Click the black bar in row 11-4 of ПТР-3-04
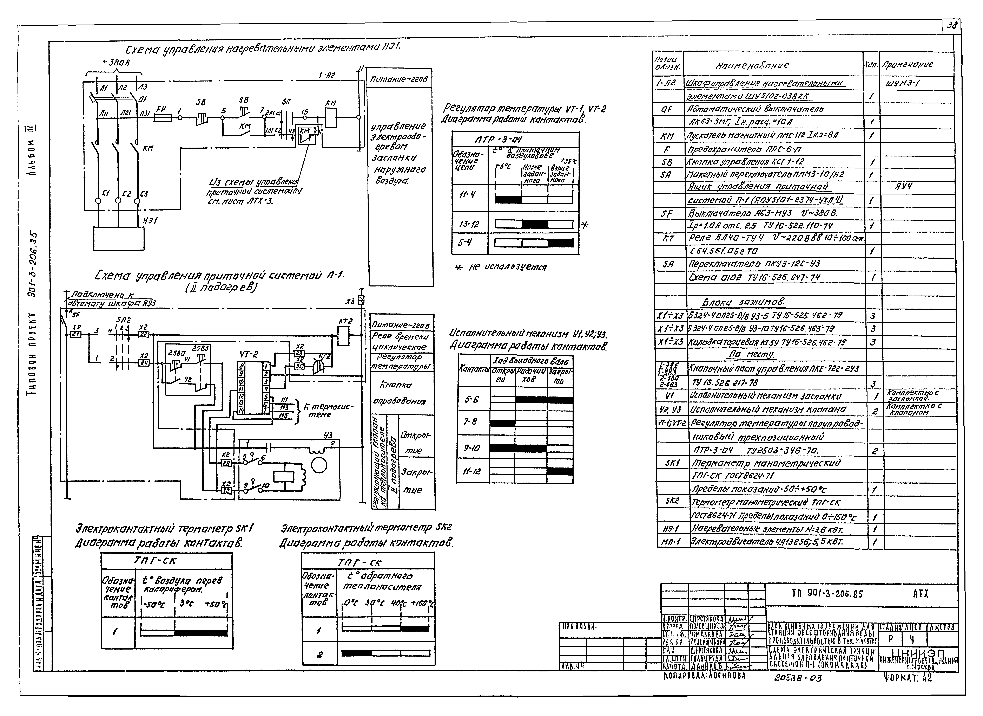[508, 200]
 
